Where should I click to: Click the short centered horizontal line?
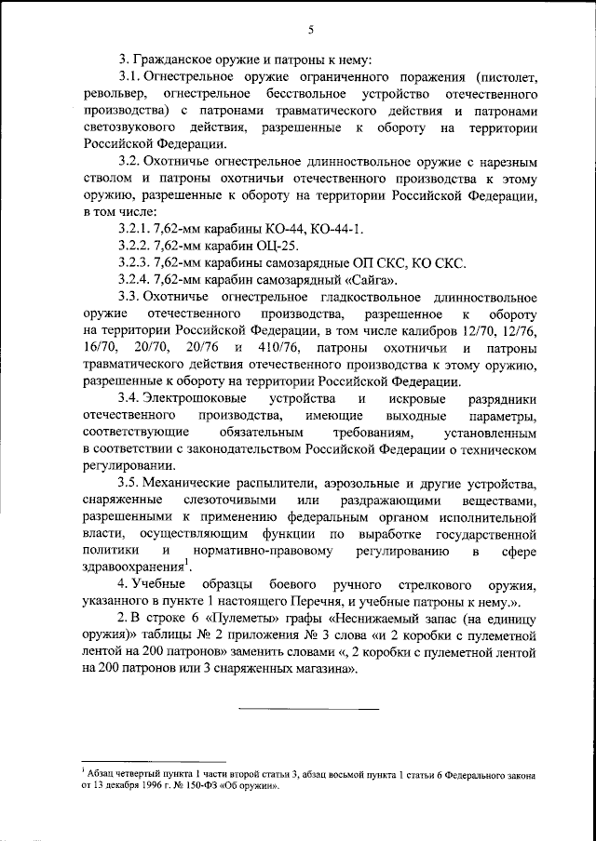(310, 709)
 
